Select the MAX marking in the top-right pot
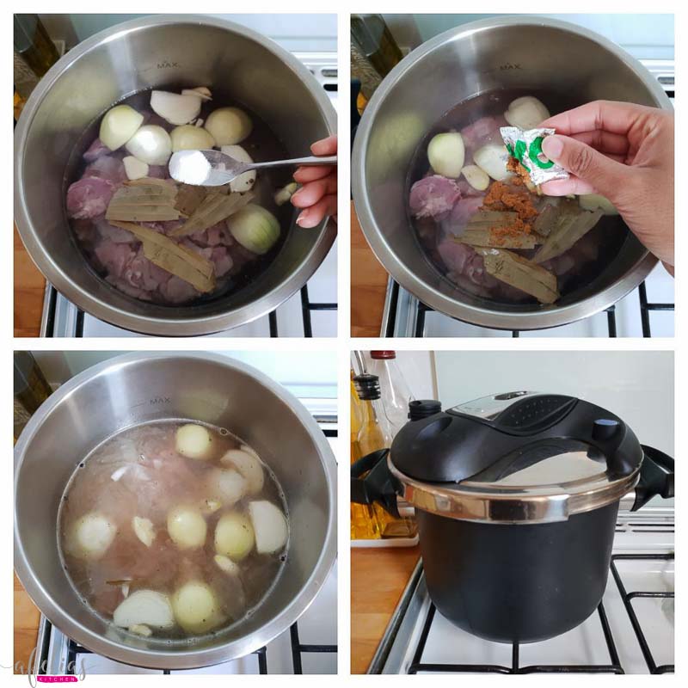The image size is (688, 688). [510, 66]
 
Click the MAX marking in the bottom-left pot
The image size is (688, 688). [160, 401]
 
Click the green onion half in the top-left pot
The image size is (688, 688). [254, 228]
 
